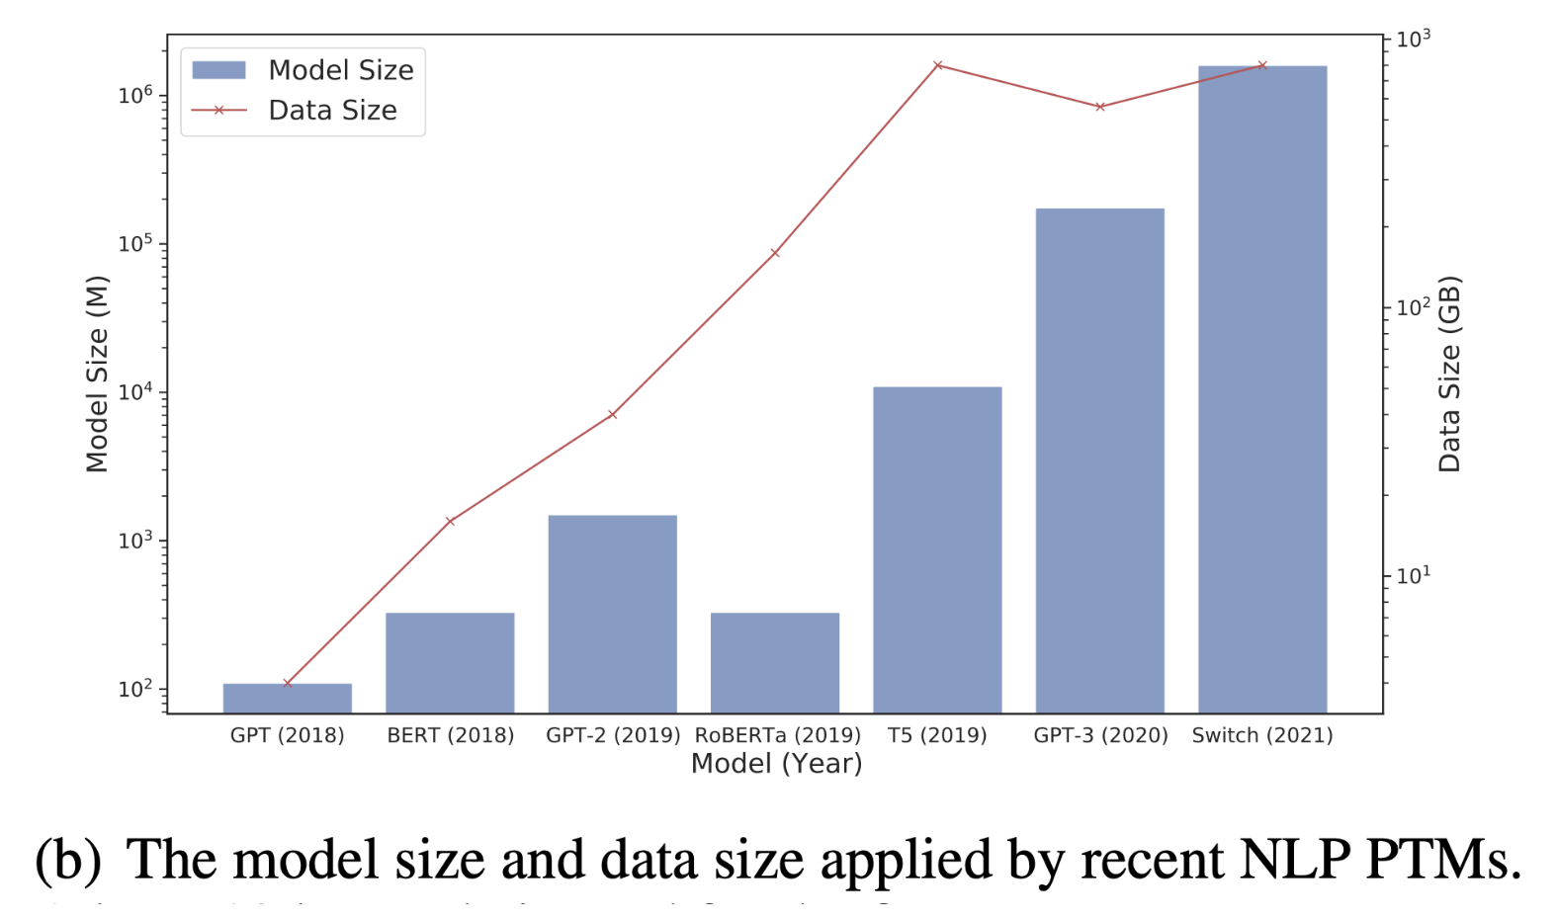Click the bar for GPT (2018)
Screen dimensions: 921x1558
(x=287, y=698)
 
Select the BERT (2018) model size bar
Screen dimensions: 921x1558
(x=450, y=662)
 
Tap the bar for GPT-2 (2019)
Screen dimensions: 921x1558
(x=613, y=613)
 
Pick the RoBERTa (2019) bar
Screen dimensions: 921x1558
(x=775, y=662)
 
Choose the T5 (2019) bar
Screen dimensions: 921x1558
(x=937, y=549)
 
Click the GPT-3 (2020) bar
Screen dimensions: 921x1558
(x=1099, y=460)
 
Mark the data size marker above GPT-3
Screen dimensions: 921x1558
(x=1100, y=107)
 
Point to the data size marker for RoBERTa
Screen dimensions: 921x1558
(x=775, y=253)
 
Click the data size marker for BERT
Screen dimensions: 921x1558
(x=450, y=521)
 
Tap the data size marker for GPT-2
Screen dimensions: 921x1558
(x=613, y=414)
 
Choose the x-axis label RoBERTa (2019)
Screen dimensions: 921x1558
(x=777, y=735)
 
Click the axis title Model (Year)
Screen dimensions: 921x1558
(x=776, y=764)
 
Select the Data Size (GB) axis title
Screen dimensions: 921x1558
(x=1448, y=374)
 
